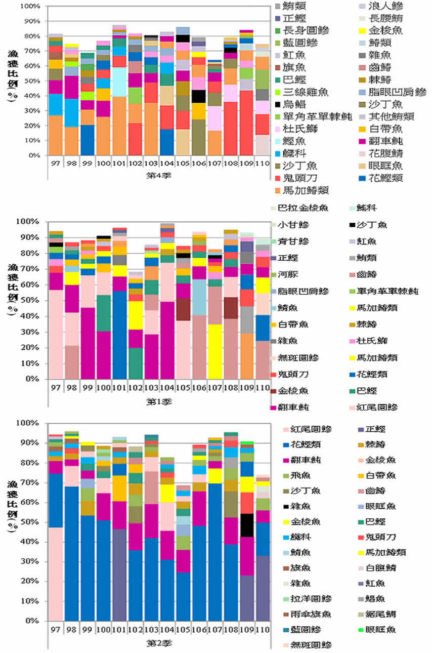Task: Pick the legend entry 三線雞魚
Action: coord(307,92)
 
